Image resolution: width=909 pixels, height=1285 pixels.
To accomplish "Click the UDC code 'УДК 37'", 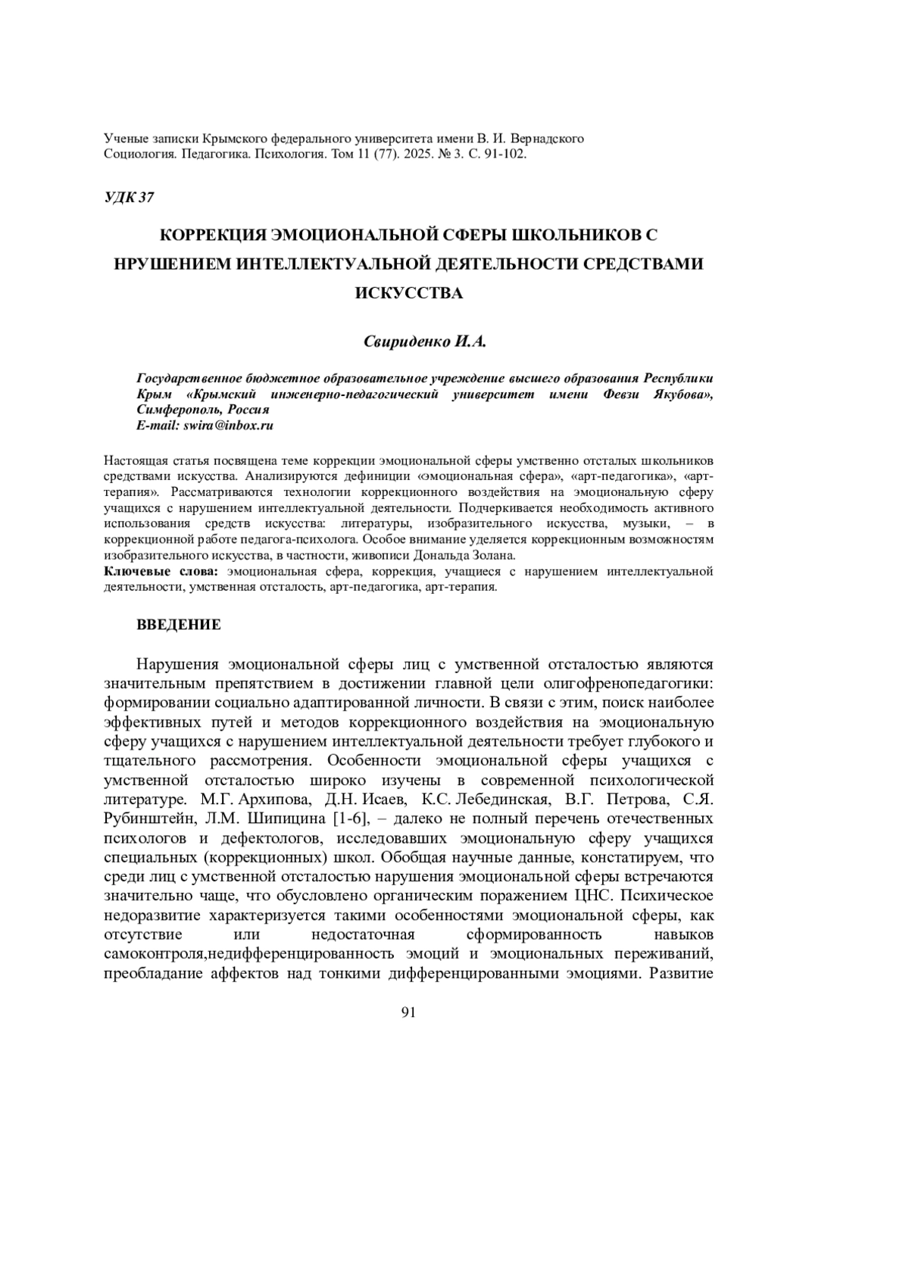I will pos(128,198).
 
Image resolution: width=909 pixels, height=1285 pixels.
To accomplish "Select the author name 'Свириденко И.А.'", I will pos(424,342).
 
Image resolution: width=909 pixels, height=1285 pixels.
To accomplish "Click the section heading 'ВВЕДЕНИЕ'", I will pos(179,625).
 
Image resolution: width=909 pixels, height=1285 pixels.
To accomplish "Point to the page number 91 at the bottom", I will pos(409,1013).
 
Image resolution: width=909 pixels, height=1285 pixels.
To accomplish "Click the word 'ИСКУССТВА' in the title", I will pos(409,293).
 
